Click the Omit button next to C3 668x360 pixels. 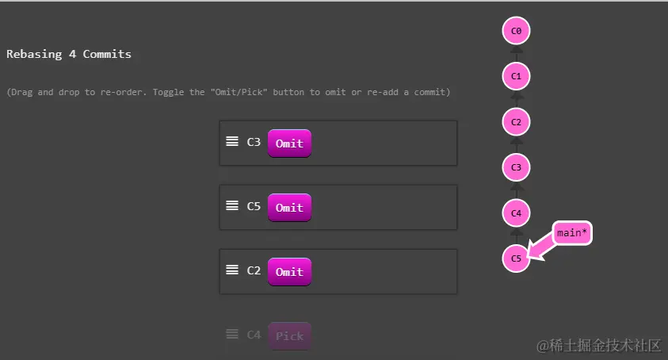coord(289,144)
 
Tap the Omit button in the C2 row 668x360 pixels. coord(289,271)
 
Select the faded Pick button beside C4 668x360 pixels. coord(289,335)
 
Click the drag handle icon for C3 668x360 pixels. coord(232,142)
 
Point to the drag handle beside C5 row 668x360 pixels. coord(232,205)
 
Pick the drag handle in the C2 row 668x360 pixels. coord(232,270)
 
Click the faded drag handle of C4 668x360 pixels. coord(232,334)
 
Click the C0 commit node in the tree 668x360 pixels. coord(516,32)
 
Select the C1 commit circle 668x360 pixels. coord(516,77)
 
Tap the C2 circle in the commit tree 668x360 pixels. coord(516,122)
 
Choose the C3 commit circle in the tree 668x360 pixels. coord(516,167)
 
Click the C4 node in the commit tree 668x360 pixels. coord(516,213)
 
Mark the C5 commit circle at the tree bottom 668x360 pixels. coord(516,258)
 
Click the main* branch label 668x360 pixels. coord(572,233)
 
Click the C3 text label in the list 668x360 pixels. coord(254,142)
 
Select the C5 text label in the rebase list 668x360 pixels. coord(254,206)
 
